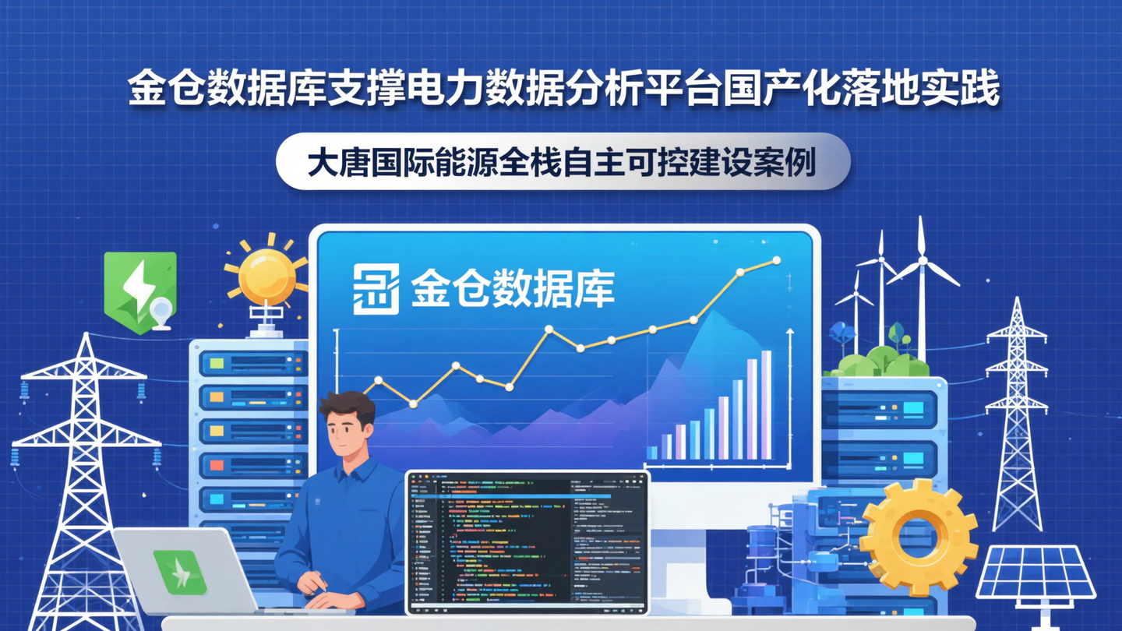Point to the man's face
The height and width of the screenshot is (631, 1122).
click(347, 432)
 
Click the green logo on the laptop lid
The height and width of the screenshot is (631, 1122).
click(180, 573)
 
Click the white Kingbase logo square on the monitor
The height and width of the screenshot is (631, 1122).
click(376, 288)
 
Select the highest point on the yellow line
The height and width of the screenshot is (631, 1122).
click(776, 260)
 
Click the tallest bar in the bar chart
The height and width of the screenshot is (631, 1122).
click(766, 405)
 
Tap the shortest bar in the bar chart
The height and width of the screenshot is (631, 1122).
click(652, 453)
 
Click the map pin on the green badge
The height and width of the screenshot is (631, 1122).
click(161, 312)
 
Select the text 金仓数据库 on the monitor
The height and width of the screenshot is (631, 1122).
click(513, 289)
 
